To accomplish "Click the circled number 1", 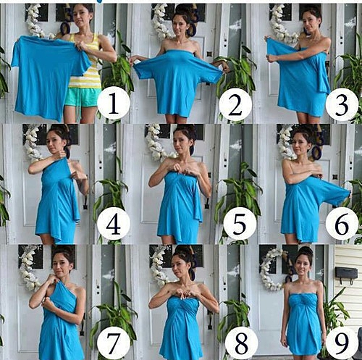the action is coord(114,103).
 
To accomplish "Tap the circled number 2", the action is coord(235,104).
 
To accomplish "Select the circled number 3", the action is coord(342,105).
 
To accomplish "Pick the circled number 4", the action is coord(114,224).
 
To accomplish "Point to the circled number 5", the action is coord(240,225).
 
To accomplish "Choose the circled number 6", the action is coord(342,225).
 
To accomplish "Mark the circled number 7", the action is coord(114,343).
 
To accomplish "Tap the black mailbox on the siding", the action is coord(346,273).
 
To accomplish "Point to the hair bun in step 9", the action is coord(306,251).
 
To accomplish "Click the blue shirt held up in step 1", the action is coord(49,75).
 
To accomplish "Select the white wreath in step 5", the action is coord(157,143).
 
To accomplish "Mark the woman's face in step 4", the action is coord(54,141).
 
